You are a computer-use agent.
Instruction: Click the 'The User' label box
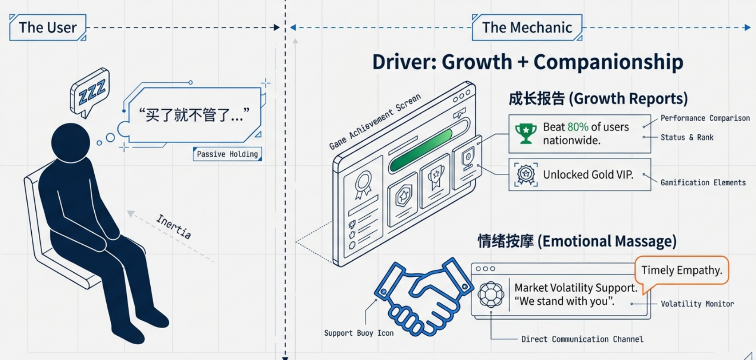pyautogui.click(x=48, y=28)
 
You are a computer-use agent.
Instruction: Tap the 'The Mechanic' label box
pyautogui.click(x=527, y=28)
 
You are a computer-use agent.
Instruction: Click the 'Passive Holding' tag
pyautogui.click(x=227, y=154)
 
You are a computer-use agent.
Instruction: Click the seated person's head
pyautogui.click(x=70, y=143)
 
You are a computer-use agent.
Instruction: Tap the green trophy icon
pyautogui.click(x=526, y=133)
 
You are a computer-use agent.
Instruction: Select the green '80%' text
pyautogui.click(x=578, y=127)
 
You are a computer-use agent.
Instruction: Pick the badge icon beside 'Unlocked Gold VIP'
pyautogui.click(x=526, y=175)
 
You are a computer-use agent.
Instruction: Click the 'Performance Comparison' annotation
pyautogui.click(x=705, y=118)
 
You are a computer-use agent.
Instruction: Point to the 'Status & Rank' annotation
pyautogui.click(x=687, y=138)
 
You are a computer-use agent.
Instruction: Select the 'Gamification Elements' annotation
pyautogui.click(x=703, y=182)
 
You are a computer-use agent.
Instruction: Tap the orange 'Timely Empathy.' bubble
pyautogui.click(x=681, y=270)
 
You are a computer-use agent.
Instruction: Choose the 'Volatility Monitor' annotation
pyautogui.click(x=697, y=304)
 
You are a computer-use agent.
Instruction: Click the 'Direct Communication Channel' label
pyautogui.click(x=582, y=339)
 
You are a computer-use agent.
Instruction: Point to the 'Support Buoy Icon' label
pyautogui.click(x=359, y=333)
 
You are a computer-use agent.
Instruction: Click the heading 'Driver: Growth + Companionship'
pyautogui.click(x=527, y=62)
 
